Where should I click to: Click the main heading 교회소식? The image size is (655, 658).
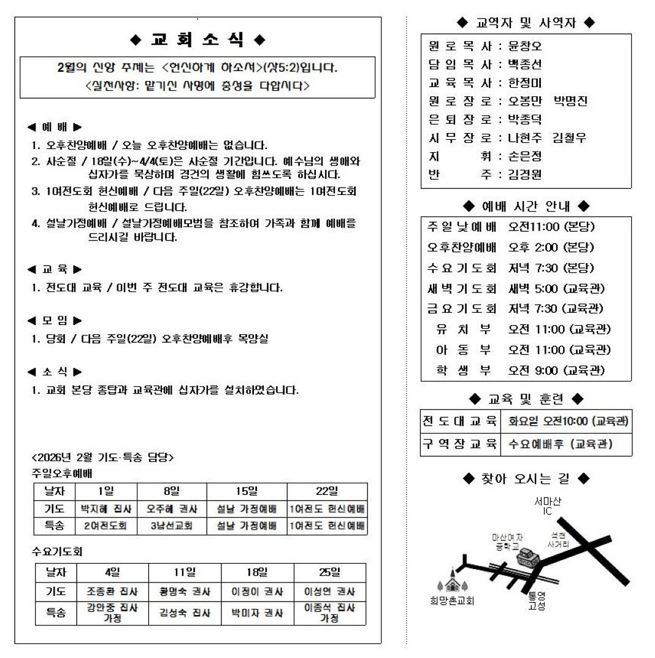(x=197, y=40)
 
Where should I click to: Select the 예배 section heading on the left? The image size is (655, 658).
(x=55, y=128)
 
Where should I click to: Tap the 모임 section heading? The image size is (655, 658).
(x=55, y=320)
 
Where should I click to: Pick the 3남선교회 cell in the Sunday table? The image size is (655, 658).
(x=172, y=526)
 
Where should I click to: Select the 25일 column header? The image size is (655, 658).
(x=330, y=573)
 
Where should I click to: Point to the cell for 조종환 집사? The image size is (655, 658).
(x=113, y=592)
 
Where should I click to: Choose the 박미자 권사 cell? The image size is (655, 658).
(x=258, y=613)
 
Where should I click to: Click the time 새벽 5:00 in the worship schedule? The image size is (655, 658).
(x=532, y=288)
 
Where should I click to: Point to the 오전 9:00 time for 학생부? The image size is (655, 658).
(x=533, y=370)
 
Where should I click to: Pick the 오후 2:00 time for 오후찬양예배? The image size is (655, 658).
(x=533, y=247)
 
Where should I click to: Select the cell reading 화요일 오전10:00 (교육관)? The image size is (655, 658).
(x=567, y=421)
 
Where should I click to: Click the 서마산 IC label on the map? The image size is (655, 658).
(x=547, y=506)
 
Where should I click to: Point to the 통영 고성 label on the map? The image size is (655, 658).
(x=537, y=601)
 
